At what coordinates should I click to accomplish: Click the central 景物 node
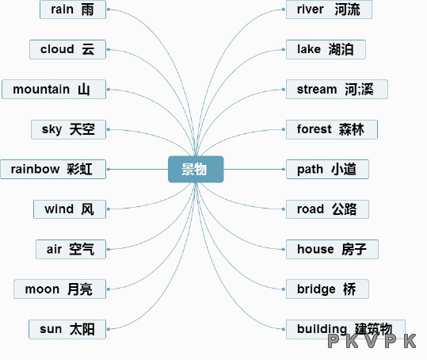coord(196,169)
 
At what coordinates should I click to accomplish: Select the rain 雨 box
coord(73,10)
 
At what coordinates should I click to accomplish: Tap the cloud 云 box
coord(67,49)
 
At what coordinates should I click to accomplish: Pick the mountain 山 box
coord(54,89)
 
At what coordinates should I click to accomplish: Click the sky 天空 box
coord(68,129)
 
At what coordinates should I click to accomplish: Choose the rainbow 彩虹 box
coord(53,169)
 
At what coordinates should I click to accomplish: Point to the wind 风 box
coord(70,209)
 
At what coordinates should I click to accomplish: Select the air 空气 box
coord(71,249)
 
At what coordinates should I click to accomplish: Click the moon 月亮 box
coord(60,289)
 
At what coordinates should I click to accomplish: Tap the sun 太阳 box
coord(67,329)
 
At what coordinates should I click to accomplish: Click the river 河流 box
coord(329,10)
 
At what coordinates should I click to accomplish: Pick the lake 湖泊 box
coord(326,49)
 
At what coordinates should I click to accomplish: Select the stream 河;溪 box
coord(337,89)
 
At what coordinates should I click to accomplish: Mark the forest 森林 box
coord(332,129)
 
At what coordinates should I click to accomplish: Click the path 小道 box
coord(327,169)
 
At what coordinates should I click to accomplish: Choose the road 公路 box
coord(327,209)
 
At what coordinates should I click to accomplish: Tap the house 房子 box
coord(332,249)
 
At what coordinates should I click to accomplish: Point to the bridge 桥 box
coord(327,289)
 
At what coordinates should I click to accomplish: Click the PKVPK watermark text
coord(372,341)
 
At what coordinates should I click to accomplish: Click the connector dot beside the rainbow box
coord(109,169)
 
